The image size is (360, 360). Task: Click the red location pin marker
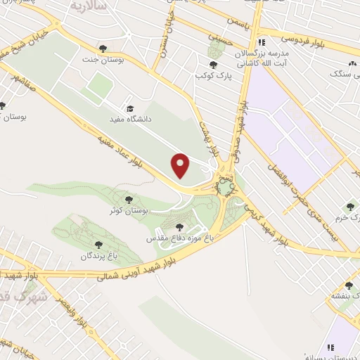(x=181, y=165)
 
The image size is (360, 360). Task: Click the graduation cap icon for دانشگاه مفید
(x=129, y=108)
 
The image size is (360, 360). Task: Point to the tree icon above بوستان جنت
(x=103, y=48)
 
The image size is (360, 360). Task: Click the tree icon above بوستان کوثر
(x=127, y=200)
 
